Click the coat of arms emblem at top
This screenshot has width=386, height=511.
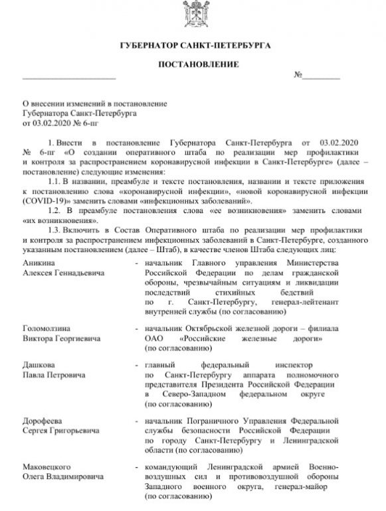pyautogui.click(x=192, y=15)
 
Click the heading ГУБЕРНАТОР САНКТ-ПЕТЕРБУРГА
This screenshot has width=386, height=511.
pyautogui.click(x=192, y=46)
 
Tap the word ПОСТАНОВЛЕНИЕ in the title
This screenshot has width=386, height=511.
pyautogui.click(x=192, y=68)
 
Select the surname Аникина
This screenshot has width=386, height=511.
pyautogui.click(x=38, y=263)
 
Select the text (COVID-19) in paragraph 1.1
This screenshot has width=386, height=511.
pyautogui.click(x=47, y=198)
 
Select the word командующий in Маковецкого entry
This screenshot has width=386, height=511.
pyautogui.click(x=170, y=466)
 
